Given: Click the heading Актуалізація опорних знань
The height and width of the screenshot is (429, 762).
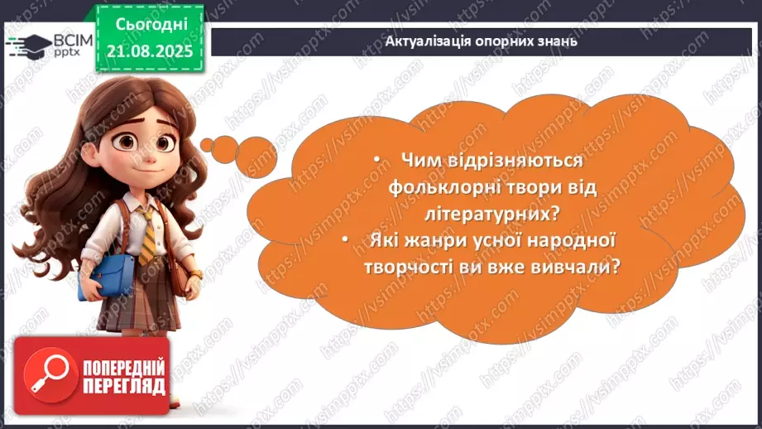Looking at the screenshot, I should (x=482, y=40).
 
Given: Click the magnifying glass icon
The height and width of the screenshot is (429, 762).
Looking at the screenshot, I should (x=43, y=374).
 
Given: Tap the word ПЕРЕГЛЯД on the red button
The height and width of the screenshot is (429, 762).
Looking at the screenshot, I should (x=123, y=386).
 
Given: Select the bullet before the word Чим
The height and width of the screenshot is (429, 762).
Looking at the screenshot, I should (x=377, y=161).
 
